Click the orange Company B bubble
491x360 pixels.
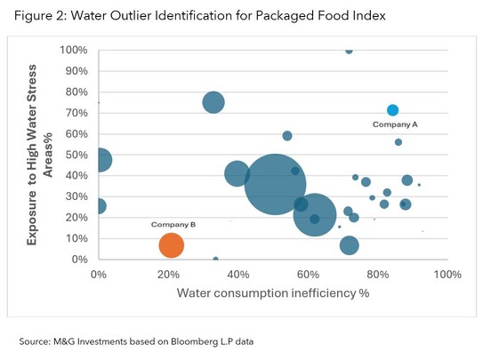[x=171, y=244]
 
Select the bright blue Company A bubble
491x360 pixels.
[x=392, y=110]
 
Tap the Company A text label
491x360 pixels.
[x=394, y=125]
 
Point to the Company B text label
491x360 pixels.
[x=173, y=224]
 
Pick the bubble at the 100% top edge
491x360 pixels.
[x=349, y=51]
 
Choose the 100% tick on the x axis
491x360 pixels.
[x=446, y=274]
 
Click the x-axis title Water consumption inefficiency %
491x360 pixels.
[x=272, y=292]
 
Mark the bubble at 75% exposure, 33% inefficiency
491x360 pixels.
[x=213, y=102]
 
